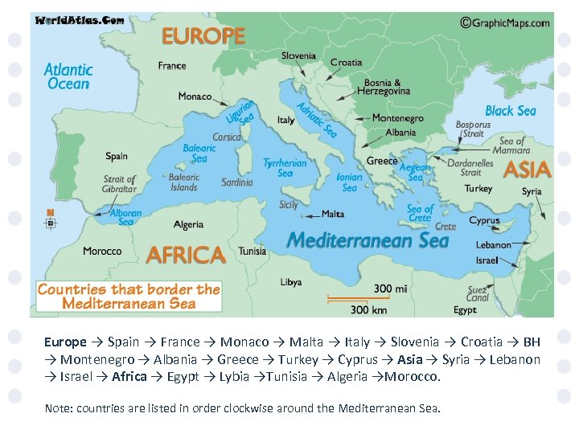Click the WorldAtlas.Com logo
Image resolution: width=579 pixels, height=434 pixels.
[79, 20]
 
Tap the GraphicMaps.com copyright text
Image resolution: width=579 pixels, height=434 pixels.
[505, 23]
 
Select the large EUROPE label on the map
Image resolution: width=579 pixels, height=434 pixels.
[203, 36]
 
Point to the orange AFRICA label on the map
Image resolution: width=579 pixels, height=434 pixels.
[186, 255]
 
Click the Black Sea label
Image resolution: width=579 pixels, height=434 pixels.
[510, 111]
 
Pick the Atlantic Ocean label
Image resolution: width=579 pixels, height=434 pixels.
[68, 76]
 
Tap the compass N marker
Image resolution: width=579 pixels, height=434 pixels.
[51, 219]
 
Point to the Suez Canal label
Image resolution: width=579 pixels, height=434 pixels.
[478, 293]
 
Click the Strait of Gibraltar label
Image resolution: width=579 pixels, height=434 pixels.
[120, 184]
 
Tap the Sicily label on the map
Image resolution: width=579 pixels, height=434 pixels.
[289, 205]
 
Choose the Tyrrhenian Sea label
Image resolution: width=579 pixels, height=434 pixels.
[285, 167]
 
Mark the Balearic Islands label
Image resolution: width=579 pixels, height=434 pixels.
[183, 182]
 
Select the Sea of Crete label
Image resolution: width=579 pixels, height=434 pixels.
[420, 213]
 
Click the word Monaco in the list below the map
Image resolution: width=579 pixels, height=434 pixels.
[244, 342]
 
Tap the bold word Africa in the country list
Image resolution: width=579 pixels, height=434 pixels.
[129, 376]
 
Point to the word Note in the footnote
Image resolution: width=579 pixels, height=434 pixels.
[57, 408]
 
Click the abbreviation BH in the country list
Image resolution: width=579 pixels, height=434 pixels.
[532, 342]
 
